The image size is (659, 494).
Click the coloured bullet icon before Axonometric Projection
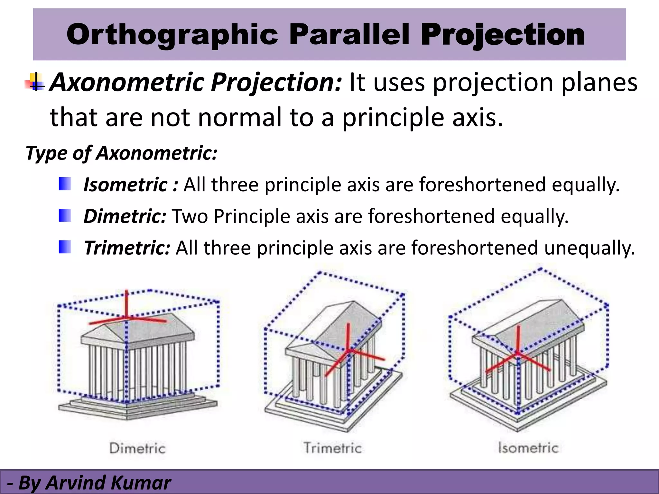click(35, 82)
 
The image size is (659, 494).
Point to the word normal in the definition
click(240, 117)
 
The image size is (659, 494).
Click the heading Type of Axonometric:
click(122, 153)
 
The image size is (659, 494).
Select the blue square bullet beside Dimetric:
click(65, 215)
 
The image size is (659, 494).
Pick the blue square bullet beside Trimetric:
click(65, 247)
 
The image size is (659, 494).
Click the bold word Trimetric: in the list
click(127, 248)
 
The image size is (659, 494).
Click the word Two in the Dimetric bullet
click(190, 216)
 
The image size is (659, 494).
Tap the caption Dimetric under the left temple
click(137, 448)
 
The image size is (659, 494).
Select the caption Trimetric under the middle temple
click(333, 448)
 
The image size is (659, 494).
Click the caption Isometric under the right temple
click(528, 448)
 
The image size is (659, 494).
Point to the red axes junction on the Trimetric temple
click(348, 350)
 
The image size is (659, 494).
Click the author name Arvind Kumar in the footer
click(108, 483)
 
